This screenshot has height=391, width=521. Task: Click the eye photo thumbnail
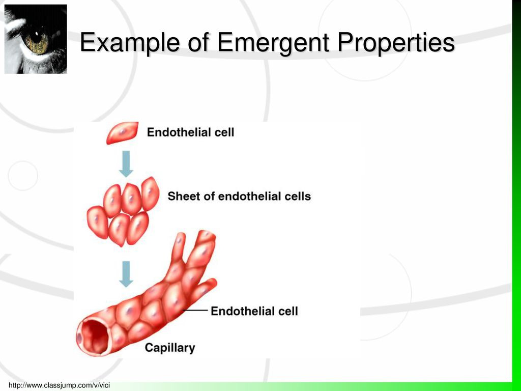tap(36, 39)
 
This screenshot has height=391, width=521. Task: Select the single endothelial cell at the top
tap(122, 132)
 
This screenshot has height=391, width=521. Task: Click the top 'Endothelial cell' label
tap(190, 132)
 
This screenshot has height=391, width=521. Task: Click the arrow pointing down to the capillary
tap(126, 273)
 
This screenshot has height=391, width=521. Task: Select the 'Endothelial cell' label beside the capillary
tap(254, 311)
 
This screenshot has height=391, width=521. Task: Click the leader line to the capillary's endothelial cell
tap(195, 310)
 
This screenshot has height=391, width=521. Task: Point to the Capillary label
tap(169, 348)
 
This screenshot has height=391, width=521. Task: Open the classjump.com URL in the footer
tap(59, 385)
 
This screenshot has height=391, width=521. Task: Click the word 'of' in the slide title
tap(198, 43)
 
